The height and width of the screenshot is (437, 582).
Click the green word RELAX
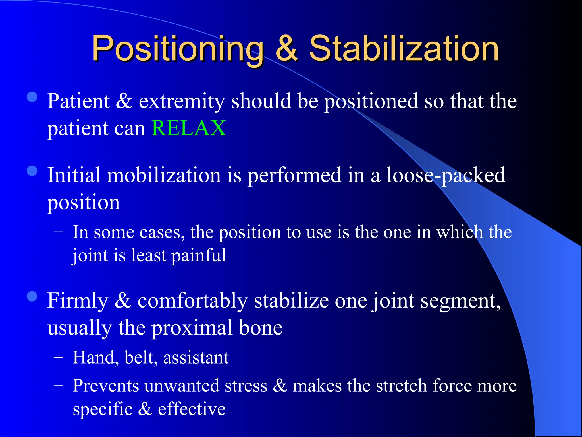(189, 128)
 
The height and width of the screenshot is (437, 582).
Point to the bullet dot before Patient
(32, 97)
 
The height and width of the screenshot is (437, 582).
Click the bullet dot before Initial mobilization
(32, 171)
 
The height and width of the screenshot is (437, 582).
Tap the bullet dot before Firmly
(32, 296)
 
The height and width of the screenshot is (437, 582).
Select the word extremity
(182, 101)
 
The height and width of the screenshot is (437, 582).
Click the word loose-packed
(445, 175)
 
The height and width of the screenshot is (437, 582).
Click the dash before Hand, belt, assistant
(59, 358)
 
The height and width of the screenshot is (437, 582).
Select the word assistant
(196, 358)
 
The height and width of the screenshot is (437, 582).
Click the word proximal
(192, 328)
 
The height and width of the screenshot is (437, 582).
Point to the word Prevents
(106, 386)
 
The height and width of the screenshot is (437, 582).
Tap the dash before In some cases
(59, 232)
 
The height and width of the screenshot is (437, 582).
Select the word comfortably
(192, 301)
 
